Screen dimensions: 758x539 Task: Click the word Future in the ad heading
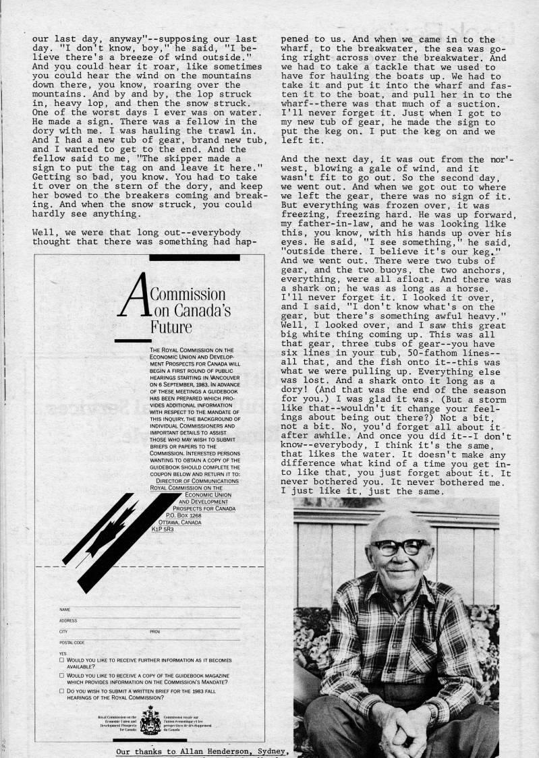click(171, 327)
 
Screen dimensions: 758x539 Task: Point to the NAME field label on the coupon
click(65, 610)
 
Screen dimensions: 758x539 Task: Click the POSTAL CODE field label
click(72, 643)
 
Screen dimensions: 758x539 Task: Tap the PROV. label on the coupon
click(155, 632)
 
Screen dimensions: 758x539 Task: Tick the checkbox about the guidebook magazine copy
click(61, 675)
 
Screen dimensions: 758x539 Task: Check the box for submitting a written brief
click(61, 691)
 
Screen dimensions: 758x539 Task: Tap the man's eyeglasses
click(399, 546)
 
